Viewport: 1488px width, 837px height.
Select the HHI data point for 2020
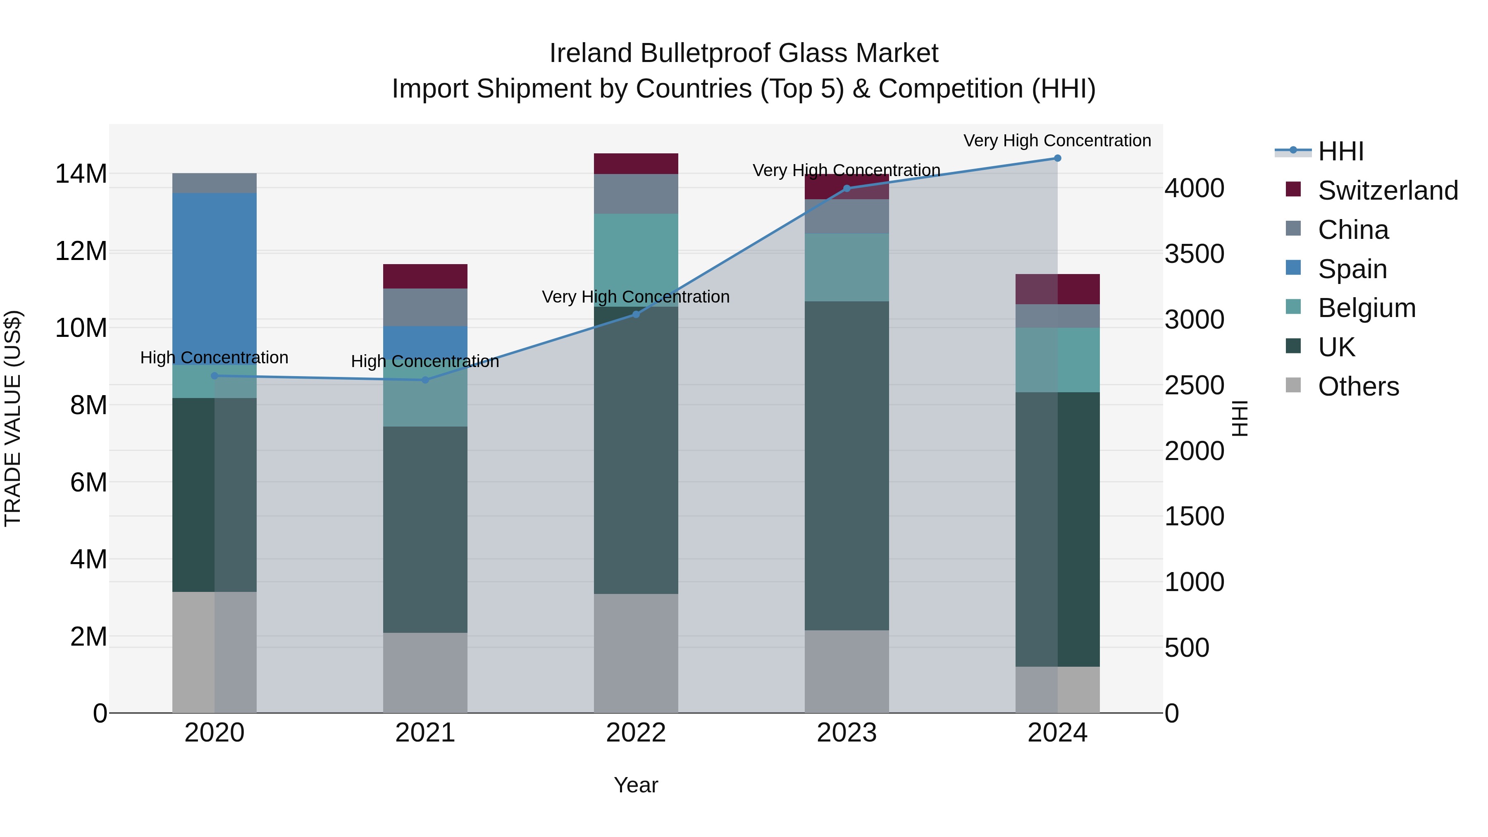tap(214, 376)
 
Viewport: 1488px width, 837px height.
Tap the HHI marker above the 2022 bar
tap(636, 315)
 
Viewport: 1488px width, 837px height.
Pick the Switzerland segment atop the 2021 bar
tap(425, 276)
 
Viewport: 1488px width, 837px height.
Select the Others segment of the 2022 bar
tap(636, 653)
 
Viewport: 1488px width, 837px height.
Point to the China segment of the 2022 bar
tap(636, 194)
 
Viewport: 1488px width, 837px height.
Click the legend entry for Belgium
tap(1366, 308)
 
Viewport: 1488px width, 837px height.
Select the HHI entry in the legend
tap(1340, 151)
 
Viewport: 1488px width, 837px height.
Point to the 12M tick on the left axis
tap(81, 251)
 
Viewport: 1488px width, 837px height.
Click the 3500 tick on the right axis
tap(1193, 254)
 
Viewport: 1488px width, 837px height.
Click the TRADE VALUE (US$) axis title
tap(13, 418)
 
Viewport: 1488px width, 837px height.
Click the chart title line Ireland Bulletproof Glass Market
tap(744, 53)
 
